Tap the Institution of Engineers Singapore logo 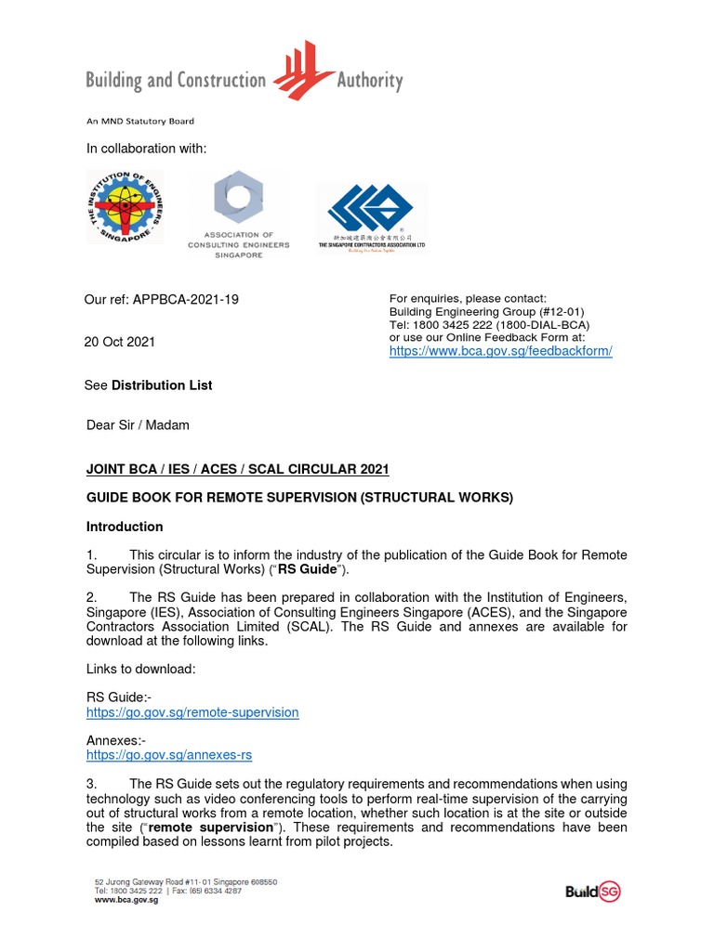(125, 206)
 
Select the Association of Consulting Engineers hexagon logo (239, 198)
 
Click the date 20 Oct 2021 (120, 342)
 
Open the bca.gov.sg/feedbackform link (500, 352)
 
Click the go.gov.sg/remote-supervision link (192, 712)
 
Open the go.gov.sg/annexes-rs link (168, 755)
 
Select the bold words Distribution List (162, 384)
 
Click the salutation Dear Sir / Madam (138, 425)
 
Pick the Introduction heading (125, 527)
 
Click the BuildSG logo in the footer (592, 892)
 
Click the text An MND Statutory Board (140, 121)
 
